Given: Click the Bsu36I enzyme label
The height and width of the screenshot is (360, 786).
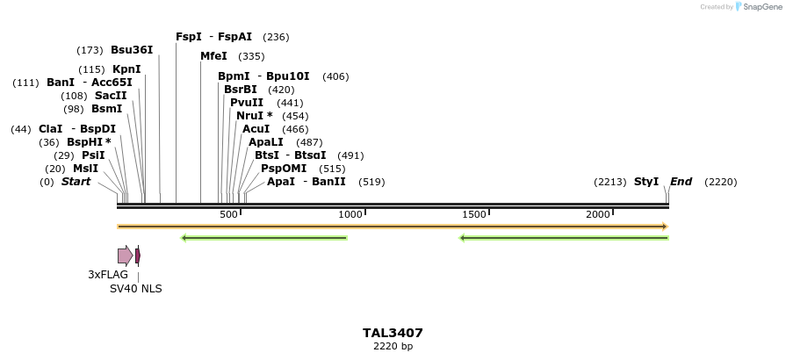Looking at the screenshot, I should (x=132, y=50).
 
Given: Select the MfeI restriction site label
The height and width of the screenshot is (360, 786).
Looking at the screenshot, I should (x=213, y=56).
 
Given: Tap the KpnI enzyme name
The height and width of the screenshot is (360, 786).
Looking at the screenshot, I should (x=126, y=69).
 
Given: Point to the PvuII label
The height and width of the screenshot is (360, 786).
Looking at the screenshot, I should (x=247, y=103).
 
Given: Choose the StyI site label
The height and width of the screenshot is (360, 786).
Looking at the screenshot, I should (x=646, y=182).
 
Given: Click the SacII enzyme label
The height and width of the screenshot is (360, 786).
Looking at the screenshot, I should (x=111, y=96).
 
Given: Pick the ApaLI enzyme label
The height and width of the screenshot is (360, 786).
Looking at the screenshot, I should (x=266, y=142).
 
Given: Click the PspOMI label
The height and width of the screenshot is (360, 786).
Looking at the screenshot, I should (x=284, y=169).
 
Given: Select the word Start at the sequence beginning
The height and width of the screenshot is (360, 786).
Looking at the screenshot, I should (x=76, y=182).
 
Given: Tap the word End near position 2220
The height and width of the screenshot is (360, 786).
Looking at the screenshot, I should (x=681, y=182).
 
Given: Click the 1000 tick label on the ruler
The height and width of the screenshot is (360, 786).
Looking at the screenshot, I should (x=350, y=215).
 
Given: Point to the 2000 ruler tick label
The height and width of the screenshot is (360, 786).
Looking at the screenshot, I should (x=598, y=215).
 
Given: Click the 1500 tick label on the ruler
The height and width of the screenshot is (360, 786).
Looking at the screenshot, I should (x=474, y=215).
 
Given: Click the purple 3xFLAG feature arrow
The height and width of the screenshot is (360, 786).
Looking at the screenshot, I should (x=125, y=256).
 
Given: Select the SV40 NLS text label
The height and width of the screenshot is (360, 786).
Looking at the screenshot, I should (x=136, y=289).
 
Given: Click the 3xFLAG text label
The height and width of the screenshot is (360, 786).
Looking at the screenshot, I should (x=108, y=275).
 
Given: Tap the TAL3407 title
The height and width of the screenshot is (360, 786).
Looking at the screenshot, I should (x=393, y=334).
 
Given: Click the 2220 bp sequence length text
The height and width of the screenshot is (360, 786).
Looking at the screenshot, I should (x=393, y=347).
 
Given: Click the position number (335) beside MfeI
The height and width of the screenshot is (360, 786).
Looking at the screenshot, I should (x=251, y=56).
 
